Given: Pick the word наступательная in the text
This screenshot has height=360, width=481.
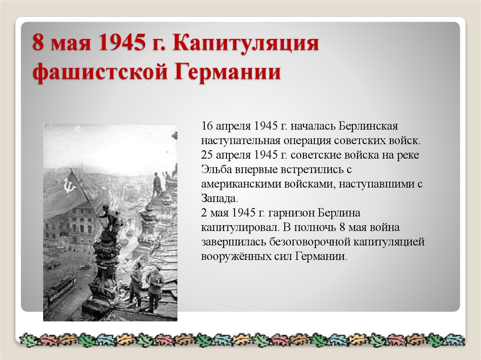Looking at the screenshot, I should [240, 140].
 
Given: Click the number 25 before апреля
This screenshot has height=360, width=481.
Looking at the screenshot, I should [207, 155].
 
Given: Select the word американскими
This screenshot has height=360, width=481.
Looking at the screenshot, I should [241, 184].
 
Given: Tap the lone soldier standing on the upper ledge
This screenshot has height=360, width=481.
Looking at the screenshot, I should [156, 184].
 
